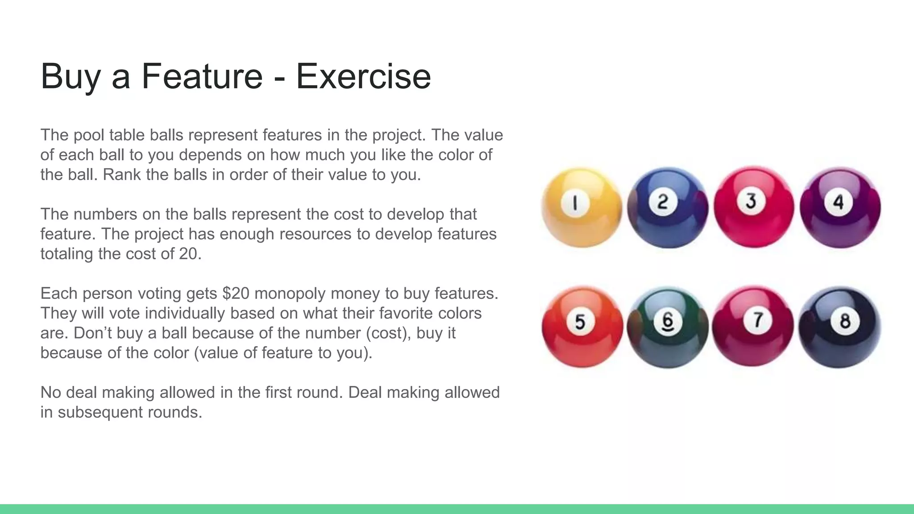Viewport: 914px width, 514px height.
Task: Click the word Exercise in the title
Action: [x=363, y=76]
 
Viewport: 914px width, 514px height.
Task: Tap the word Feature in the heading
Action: [x=202, y=76]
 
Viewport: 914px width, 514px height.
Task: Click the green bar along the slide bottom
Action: [x=457, y=509]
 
